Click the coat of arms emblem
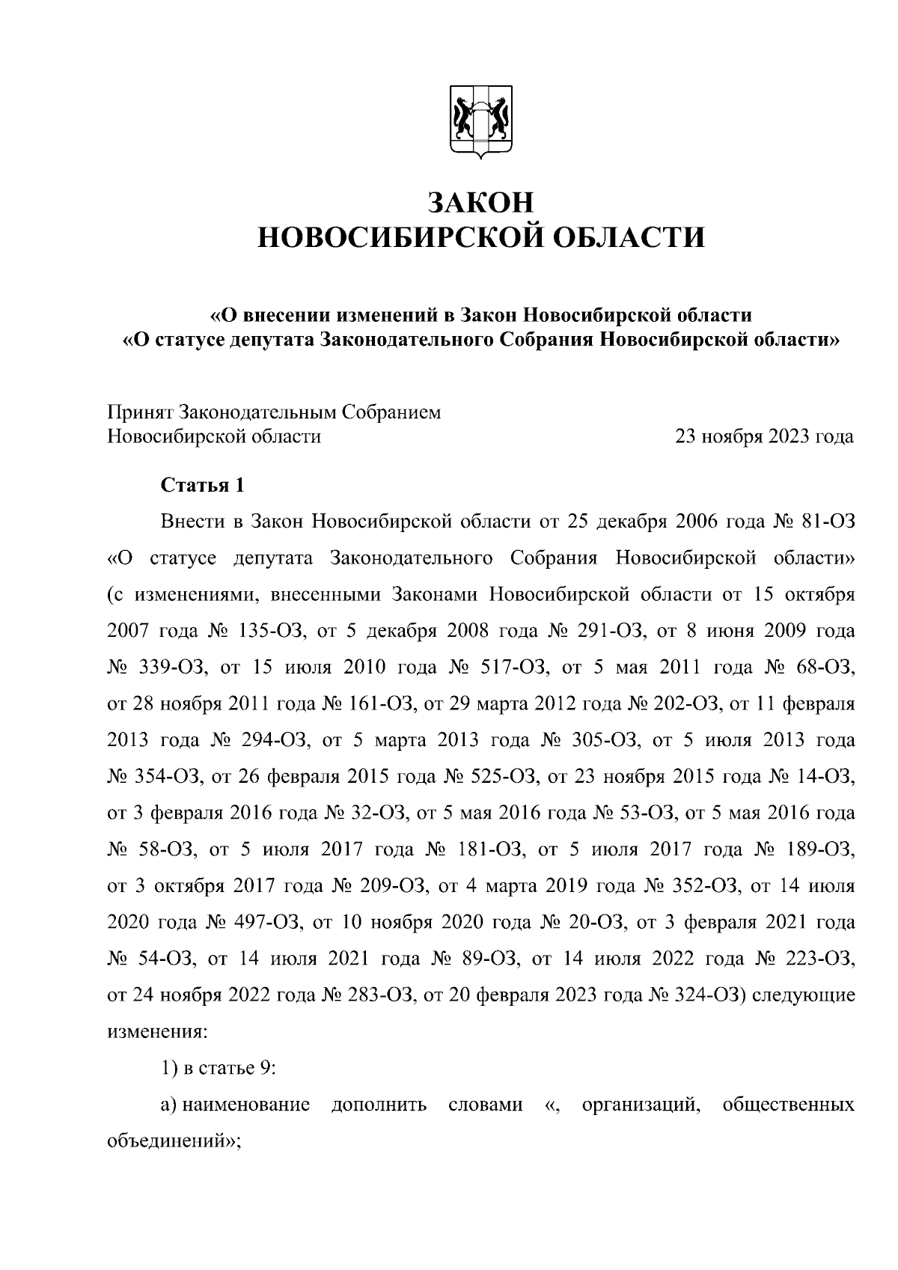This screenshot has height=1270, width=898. coord(480,123)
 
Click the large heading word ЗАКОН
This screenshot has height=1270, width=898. coord(480,203)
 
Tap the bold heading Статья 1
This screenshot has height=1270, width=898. coord(203,485)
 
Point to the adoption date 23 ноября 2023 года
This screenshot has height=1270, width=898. coord(764,436)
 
